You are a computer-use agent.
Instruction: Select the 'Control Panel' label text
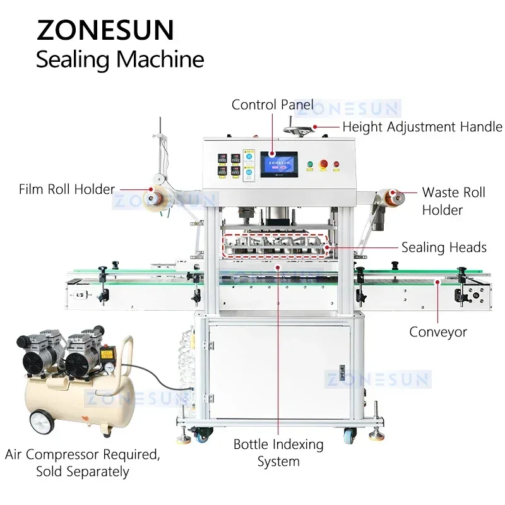[x=272, y=104]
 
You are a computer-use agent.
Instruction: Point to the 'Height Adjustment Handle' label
[x=422, y=126]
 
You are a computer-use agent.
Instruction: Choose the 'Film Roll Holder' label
[x=67, y=189]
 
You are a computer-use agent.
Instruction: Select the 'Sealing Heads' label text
[x=444, y=247]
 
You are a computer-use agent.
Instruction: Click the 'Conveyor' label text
[x=437, y=331]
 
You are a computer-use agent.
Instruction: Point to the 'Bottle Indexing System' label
[x=278, y=453]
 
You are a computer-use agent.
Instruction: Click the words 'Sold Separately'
[x=83, y=471]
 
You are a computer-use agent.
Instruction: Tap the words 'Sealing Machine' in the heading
[x=120, y=59]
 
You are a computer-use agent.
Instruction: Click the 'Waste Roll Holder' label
[x=453, y=200]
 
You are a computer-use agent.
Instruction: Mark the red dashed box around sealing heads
[x=276, y=244]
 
